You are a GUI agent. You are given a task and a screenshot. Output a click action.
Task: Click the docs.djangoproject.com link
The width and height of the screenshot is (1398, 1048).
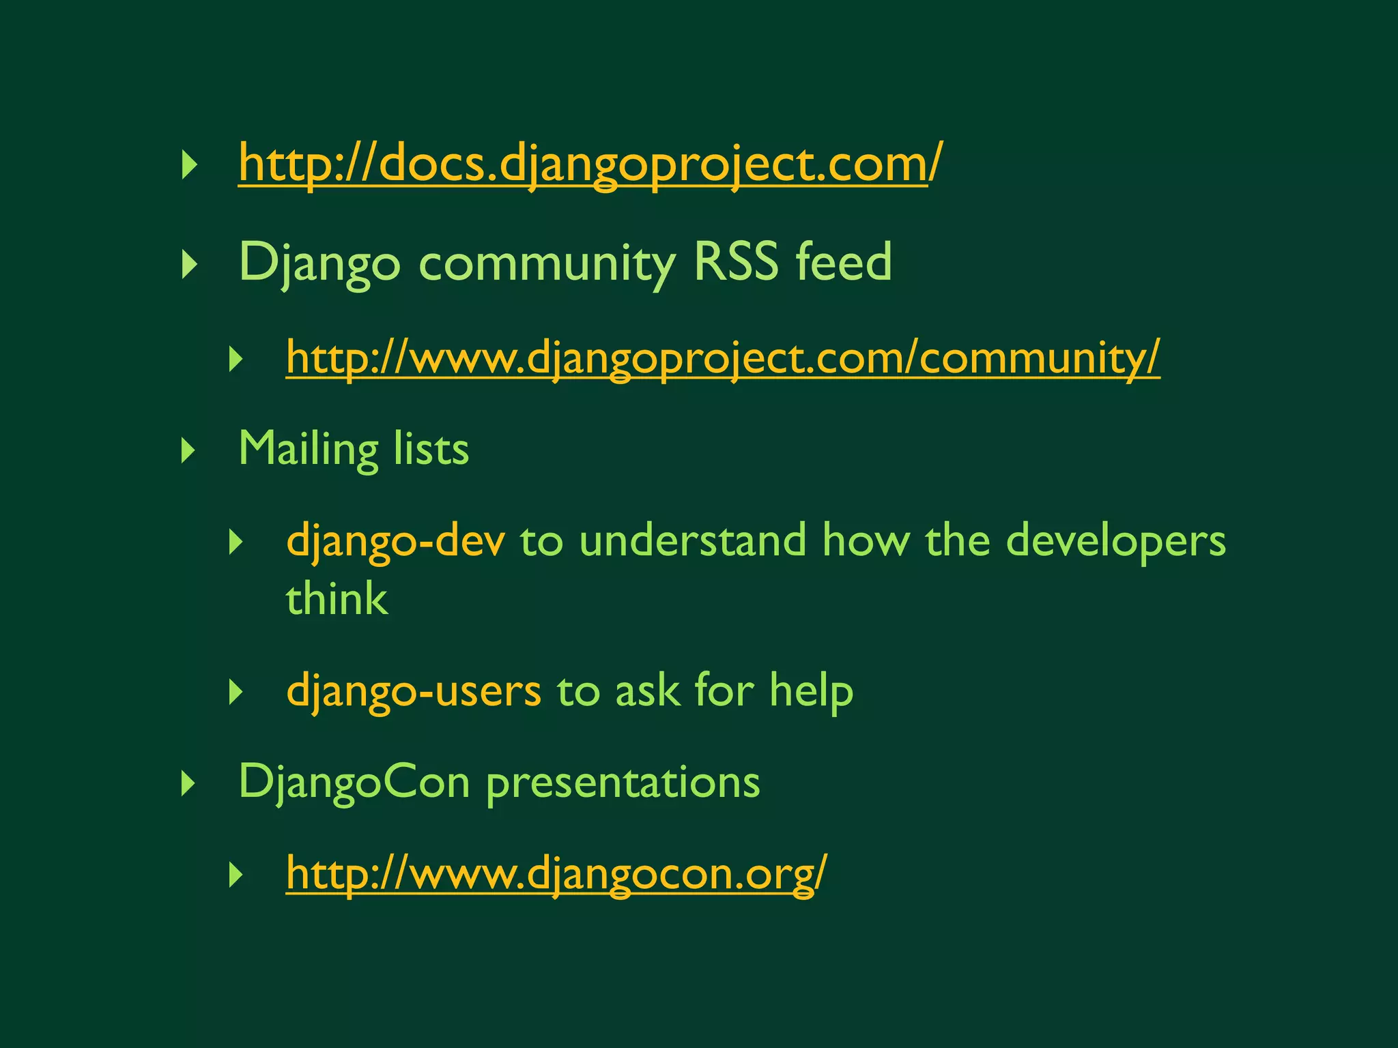[590, 164]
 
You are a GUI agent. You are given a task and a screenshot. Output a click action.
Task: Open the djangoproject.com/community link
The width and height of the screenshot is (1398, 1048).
[722, 358]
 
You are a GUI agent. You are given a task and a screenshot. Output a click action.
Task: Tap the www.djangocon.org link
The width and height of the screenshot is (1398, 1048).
[556, 873]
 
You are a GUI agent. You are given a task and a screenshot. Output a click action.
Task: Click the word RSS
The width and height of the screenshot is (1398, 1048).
[735, 262]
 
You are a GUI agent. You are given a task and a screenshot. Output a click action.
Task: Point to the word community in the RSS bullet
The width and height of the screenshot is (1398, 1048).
[547, 263]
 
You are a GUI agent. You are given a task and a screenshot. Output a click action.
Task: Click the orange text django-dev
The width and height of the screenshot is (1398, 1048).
[396, 540]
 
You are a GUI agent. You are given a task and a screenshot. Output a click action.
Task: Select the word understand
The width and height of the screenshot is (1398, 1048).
[693, 540]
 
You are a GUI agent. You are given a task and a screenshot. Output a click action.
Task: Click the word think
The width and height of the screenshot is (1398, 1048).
[337, 599]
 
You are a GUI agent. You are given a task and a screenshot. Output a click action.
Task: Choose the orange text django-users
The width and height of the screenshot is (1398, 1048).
[414, 690]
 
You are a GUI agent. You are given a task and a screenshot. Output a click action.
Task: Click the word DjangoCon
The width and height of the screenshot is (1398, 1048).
[354, 782]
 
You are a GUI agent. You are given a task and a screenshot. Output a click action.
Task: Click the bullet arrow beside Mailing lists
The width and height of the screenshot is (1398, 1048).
[188, 451]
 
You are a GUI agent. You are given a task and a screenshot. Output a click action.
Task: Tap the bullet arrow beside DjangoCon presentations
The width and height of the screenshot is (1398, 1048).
[188, 784]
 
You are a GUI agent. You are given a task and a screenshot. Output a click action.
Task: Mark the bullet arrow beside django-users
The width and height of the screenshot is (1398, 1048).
[236, 693]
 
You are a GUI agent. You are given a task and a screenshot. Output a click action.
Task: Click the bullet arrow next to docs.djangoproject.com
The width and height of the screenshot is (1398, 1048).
[188, 166]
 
